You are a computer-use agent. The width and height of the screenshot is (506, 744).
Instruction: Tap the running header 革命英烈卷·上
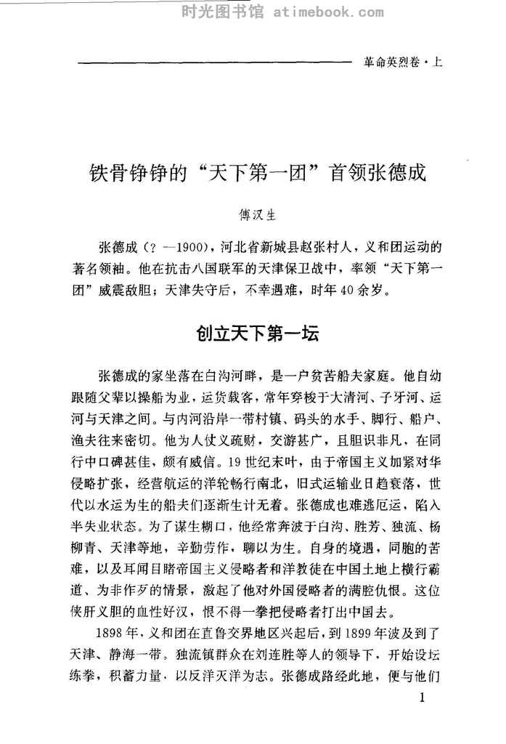point(401,63)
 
